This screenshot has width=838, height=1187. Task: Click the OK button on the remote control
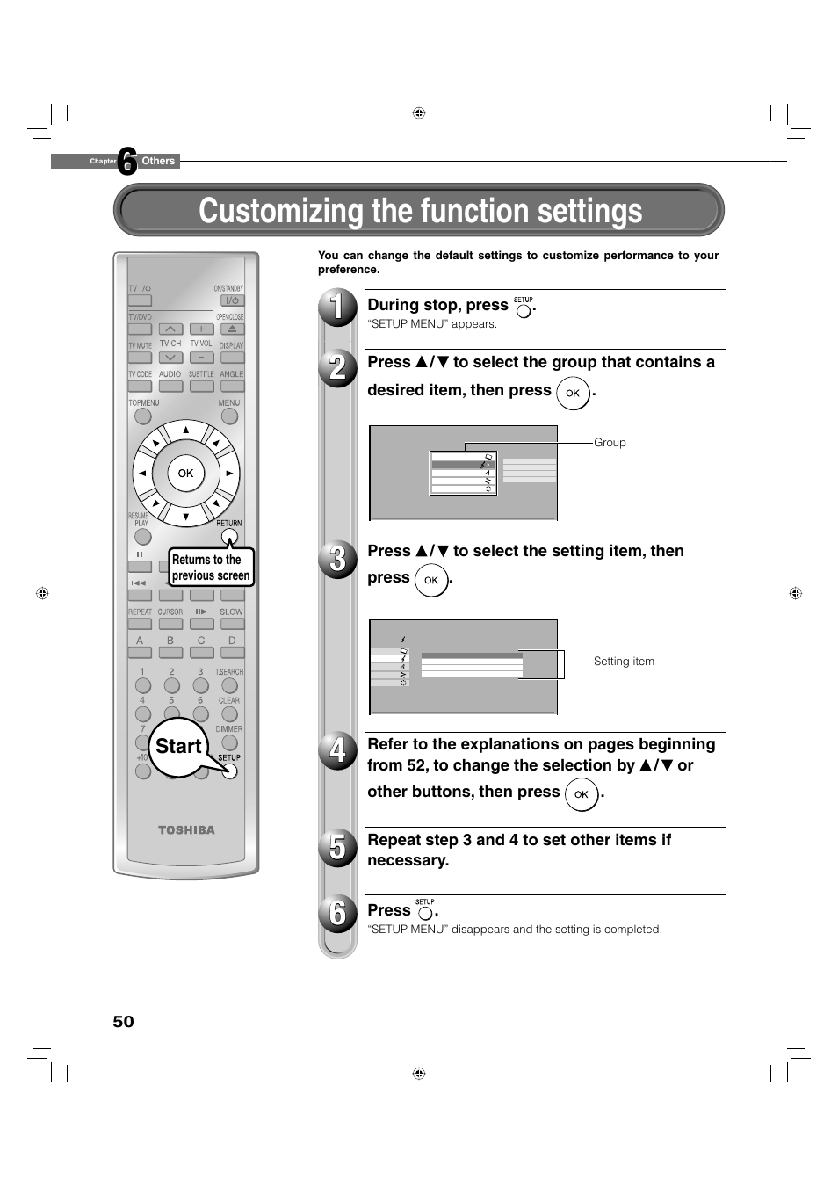click(x=185, y=473)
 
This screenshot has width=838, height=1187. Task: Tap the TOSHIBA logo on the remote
click(x=186, y=829)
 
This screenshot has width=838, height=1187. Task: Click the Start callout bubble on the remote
click(x=178, y=746)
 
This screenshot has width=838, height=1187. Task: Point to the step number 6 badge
click(x=337, y=913)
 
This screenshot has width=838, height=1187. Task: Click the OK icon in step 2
click(x=573, y=393)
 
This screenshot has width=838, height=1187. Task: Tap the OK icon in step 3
click(x=431, y=580)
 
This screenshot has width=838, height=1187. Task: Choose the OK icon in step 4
click(x=582, y=794)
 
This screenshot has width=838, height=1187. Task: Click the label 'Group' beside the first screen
click(x=610, y=443)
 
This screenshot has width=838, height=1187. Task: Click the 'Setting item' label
click(x=624, y=662)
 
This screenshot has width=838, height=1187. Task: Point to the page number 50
click(x=123, y=1021)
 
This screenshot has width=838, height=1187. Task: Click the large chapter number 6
click(x=127, y=161)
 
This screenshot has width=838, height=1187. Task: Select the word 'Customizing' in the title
click(x=281, y=211)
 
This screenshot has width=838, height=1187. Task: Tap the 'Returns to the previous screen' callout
click(x=211, y=568)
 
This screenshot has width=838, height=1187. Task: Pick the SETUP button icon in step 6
click(x=425, y=913)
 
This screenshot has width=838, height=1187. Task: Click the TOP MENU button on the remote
click(x=143, y=416)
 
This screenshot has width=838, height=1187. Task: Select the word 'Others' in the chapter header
click(x=158, y=161)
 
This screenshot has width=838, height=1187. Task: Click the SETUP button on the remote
click(x=230, y=771)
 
